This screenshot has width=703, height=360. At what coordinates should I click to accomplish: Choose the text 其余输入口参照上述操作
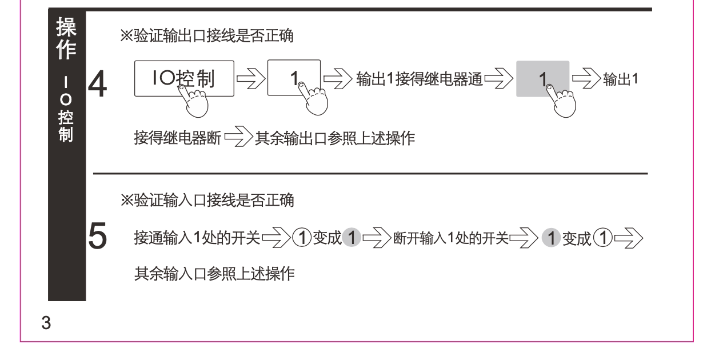(x=214, y=275)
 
